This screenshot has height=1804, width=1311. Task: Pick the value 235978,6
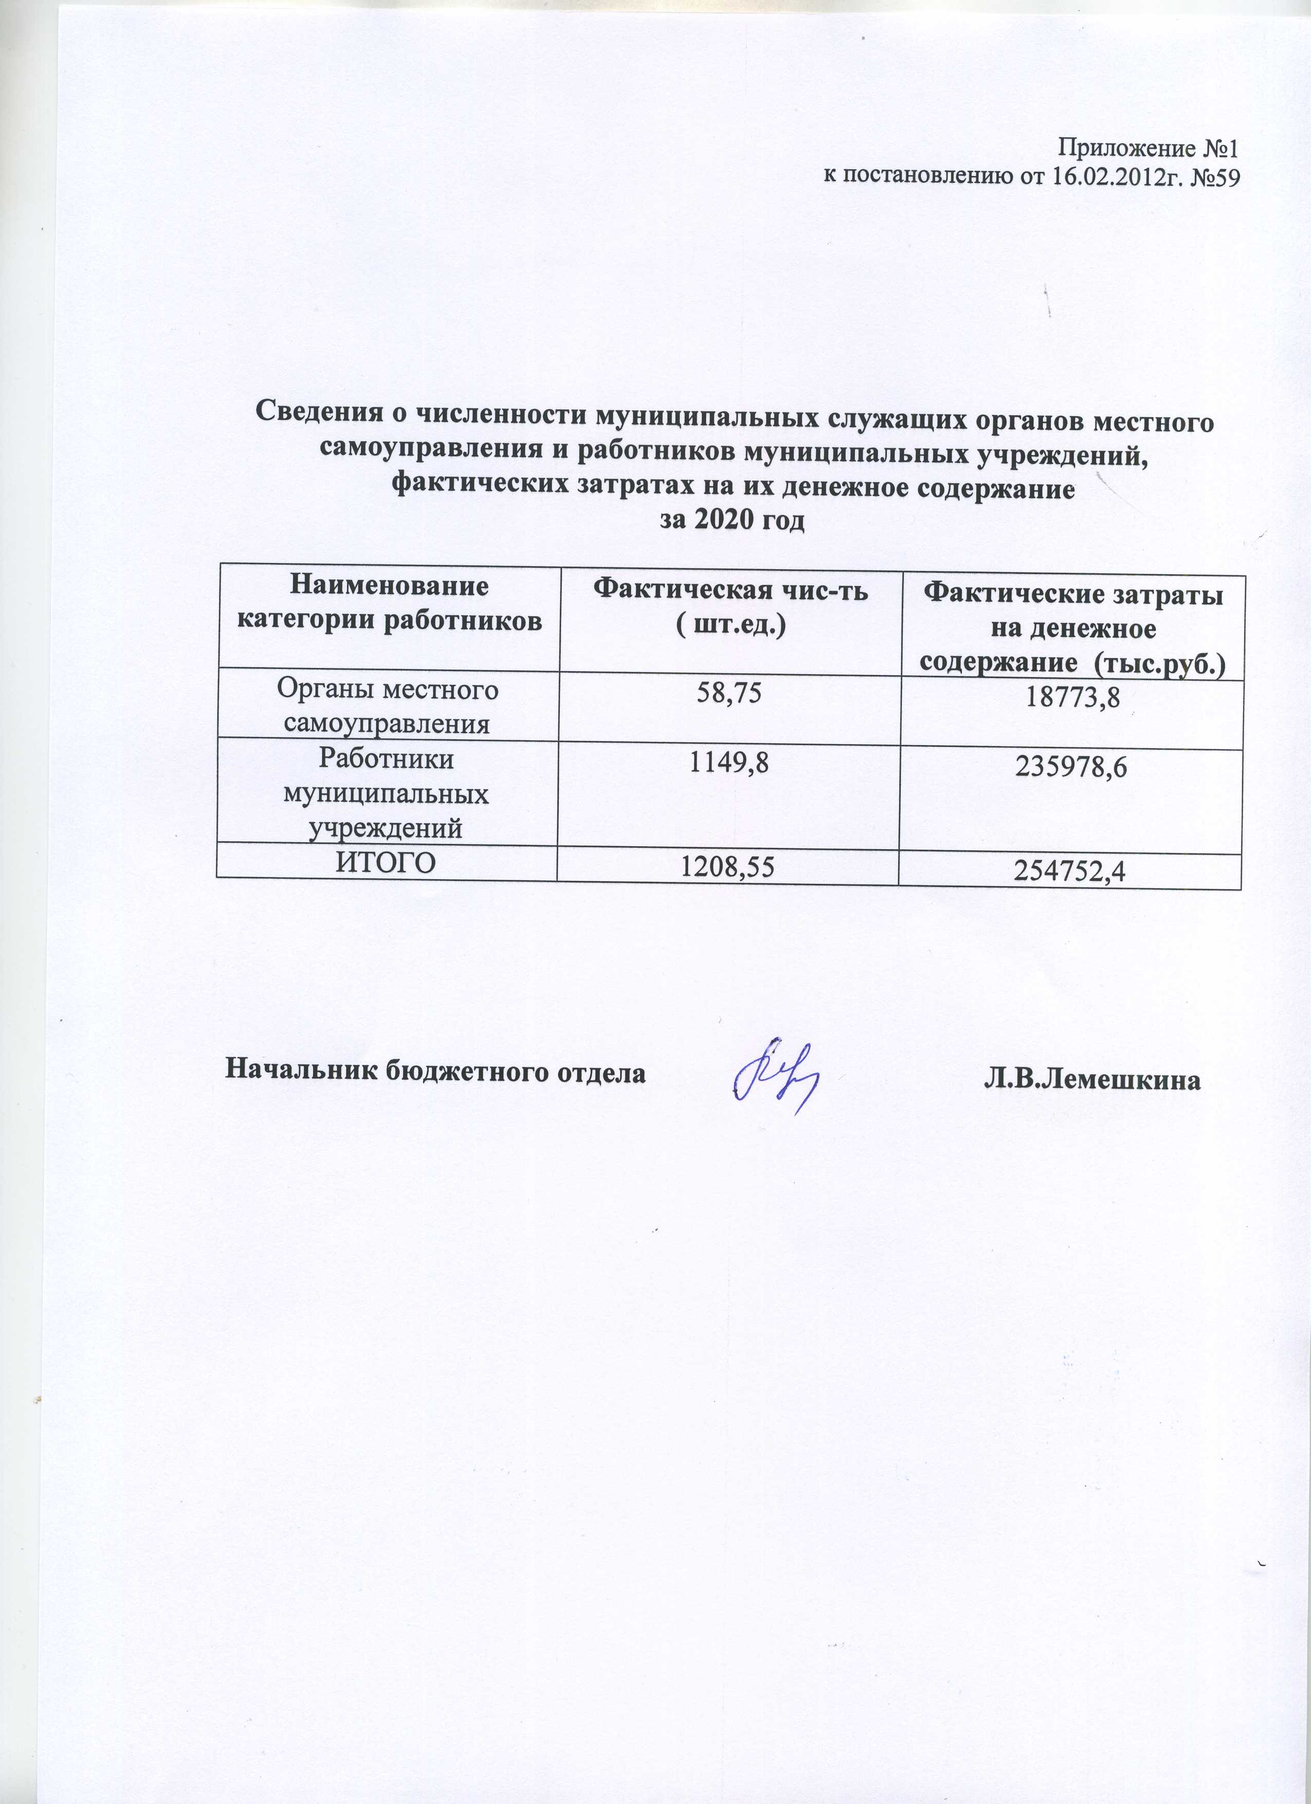click(1071, 768)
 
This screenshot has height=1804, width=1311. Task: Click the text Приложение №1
click(1148, 149)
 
